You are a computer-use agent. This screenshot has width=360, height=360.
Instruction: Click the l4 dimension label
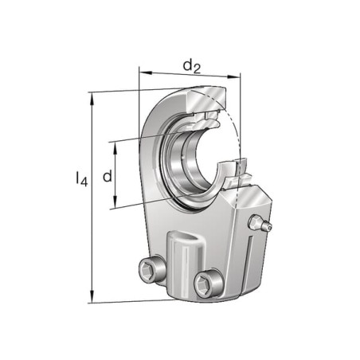click(81, 179)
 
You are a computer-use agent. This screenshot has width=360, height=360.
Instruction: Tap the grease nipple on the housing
click(260, 222)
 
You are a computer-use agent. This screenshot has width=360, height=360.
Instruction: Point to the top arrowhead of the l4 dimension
click(92, 99)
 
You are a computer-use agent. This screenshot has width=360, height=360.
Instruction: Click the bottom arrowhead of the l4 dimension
click(92, 295)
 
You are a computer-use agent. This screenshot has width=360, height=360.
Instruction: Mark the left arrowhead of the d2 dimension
click(146, 72)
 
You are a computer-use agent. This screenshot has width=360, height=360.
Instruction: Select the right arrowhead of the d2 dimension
click(233, 76)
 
